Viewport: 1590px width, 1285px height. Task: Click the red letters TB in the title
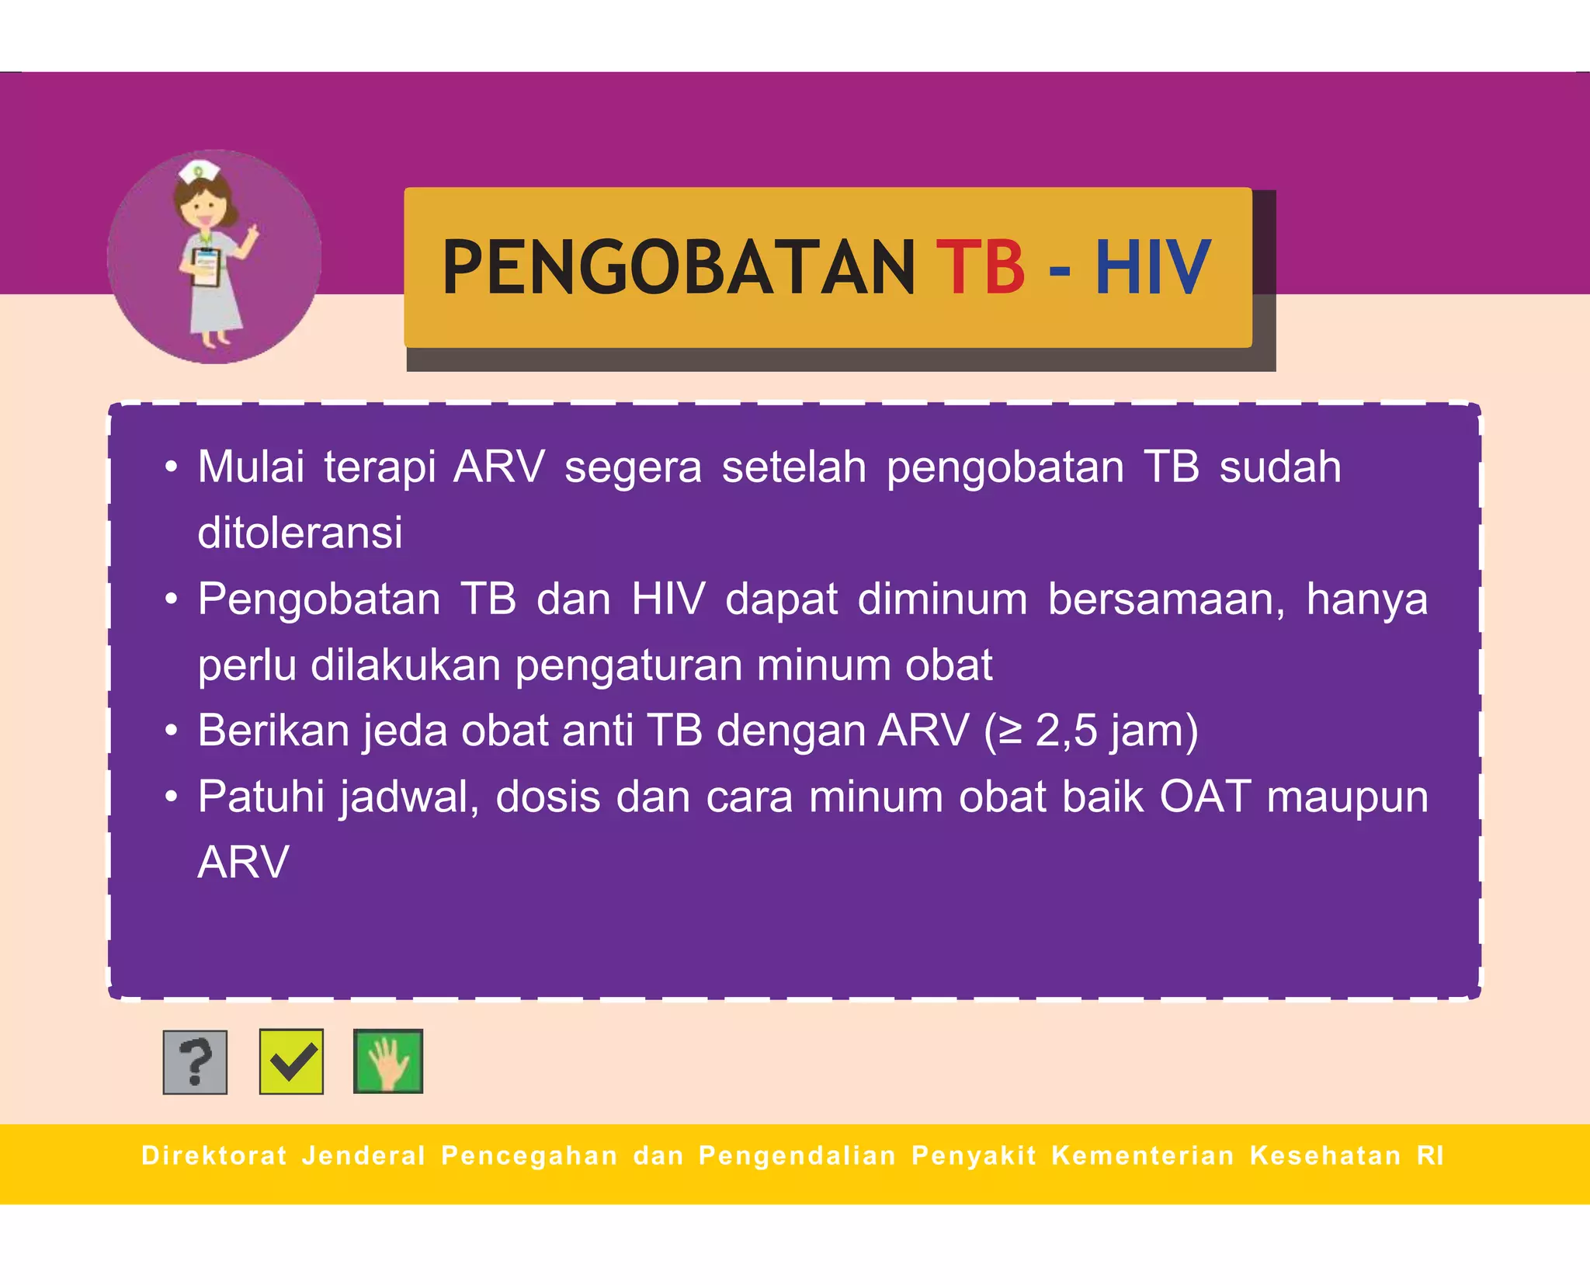[980, 267]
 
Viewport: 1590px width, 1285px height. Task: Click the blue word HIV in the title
[1152, 267]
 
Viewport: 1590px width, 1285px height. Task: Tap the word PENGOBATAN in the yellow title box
[679, 267]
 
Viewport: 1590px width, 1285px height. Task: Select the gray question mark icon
[195, 1062]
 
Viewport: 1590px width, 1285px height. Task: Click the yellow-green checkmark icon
[291, 1061]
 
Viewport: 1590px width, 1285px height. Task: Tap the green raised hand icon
[388, 1061]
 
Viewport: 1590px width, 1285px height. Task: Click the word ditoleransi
[300, 533]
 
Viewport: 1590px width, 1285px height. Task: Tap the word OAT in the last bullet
[1205, 797]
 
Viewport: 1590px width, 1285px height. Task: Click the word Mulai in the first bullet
[251, 467]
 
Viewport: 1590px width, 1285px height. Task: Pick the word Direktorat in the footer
[214, 1155]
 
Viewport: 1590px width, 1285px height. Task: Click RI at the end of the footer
[1430, 1155]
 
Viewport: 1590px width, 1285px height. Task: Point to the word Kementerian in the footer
[1143, 1155]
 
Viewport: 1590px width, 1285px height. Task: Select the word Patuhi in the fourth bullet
[261, 797]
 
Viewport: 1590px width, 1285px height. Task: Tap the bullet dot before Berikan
[172, 731]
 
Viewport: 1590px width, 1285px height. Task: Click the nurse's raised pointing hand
[250, 234]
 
